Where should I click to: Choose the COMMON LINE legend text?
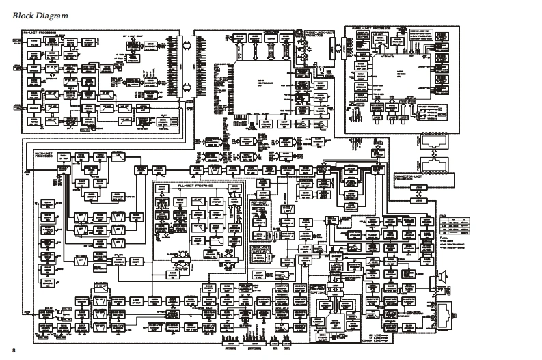click(372, 340)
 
